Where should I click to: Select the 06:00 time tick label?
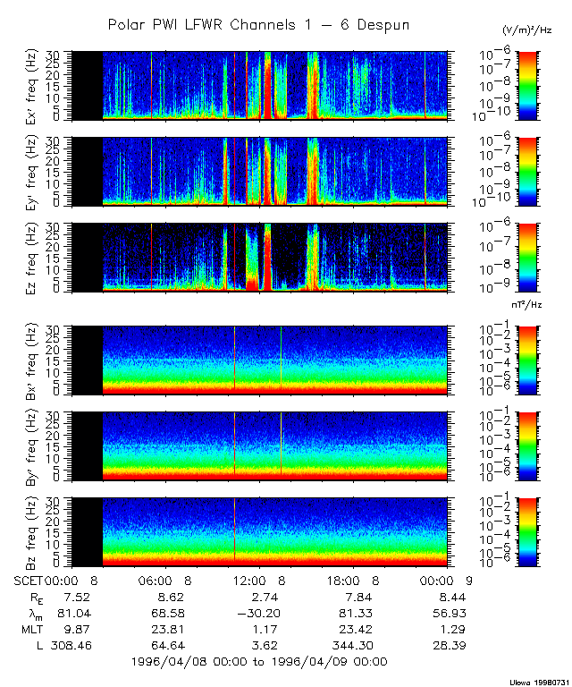pyautogui.click(x=164, y=581)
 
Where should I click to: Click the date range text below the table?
pyautogui.click(x=258, y=661)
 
